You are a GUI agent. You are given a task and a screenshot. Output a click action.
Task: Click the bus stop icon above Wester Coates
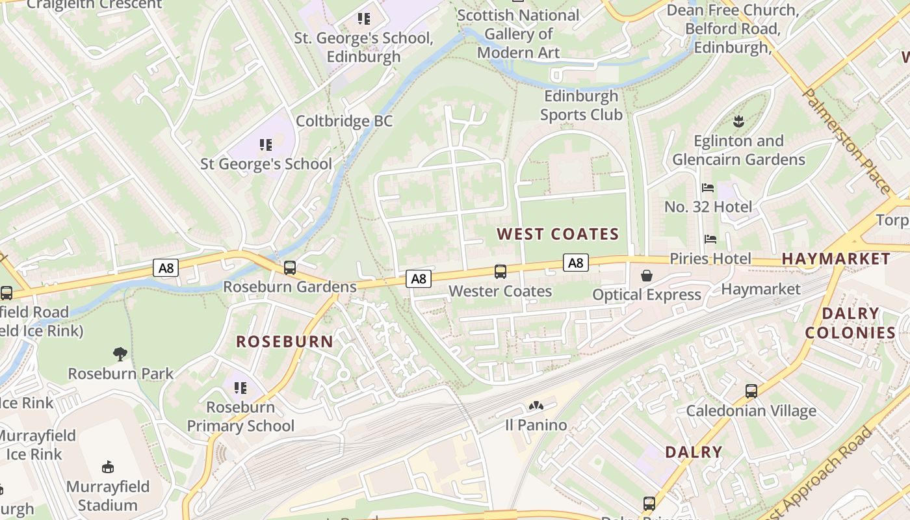point(500,272)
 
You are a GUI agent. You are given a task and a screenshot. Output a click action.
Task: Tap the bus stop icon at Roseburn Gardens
point(290,267)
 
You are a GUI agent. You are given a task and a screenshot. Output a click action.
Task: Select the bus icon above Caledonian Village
point(751,391)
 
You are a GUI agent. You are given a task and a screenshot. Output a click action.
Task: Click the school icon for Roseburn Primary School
point(240,388)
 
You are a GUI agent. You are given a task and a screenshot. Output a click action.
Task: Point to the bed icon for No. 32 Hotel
point(708,188)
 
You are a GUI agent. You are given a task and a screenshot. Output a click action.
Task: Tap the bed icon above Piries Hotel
point(710,239)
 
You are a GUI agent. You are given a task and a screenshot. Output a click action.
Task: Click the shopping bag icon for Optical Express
point(647,276)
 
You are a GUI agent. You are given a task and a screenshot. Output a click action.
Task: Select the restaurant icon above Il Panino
point(536,406)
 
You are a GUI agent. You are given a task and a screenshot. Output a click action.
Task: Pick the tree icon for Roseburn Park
point(120,354)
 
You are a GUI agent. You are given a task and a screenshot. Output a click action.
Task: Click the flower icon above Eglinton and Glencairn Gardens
point(738,121)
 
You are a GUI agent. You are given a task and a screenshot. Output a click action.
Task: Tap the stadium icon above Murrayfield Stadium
point(108,467)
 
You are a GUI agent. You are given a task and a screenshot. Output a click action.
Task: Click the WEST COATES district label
point(558,234)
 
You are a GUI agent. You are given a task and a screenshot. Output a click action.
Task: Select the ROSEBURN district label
point(284,341)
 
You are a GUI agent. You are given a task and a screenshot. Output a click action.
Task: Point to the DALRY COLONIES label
point(850,323)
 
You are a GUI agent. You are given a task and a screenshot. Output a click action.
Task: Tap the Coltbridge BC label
point(344,122)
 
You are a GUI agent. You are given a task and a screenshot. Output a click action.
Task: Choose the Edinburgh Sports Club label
point(581,105)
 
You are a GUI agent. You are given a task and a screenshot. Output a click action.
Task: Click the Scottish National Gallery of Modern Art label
point(518,34)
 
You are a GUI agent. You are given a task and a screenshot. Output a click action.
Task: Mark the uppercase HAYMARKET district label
point(836,259)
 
